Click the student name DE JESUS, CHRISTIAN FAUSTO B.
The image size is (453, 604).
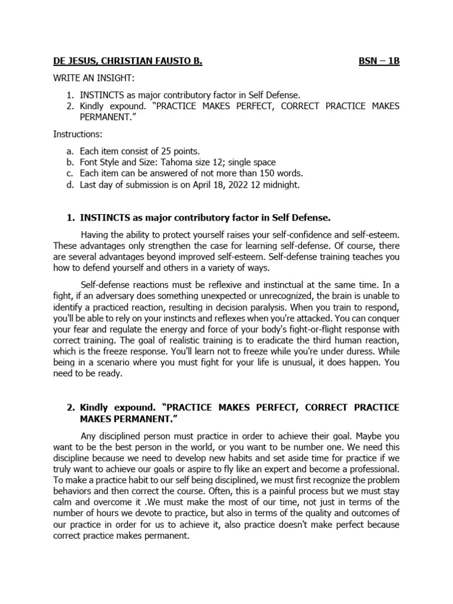pos(127,61)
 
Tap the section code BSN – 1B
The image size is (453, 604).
pos(379,61)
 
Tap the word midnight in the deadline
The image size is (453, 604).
pos(278,185)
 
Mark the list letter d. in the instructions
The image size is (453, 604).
pos(70,185)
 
